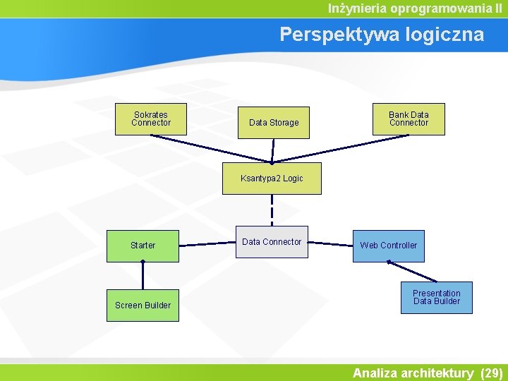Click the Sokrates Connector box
coord(150,119)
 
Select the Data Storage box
coord(274,122)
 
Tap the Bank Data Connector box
coord(409,119)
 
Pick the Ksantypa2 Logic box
coord(272,179)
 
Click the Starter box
coord(143,246)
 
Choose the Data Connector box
coord(272,242)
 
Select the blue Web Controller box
coord(389,246)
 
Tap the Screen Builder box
coord(143,305)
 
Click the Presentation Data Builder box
coord(437,297)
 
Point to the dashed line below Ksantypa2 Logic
coord(272,209)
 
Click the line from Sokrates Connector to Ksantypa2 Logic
coord(212,148)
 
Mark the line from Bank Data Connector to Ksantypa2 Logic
coord(339,149)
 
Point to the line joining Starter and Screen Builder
coord(143,275)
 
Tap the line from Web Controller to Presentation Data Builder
coord(413,272)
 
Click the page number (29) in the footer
coord(490,373)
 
